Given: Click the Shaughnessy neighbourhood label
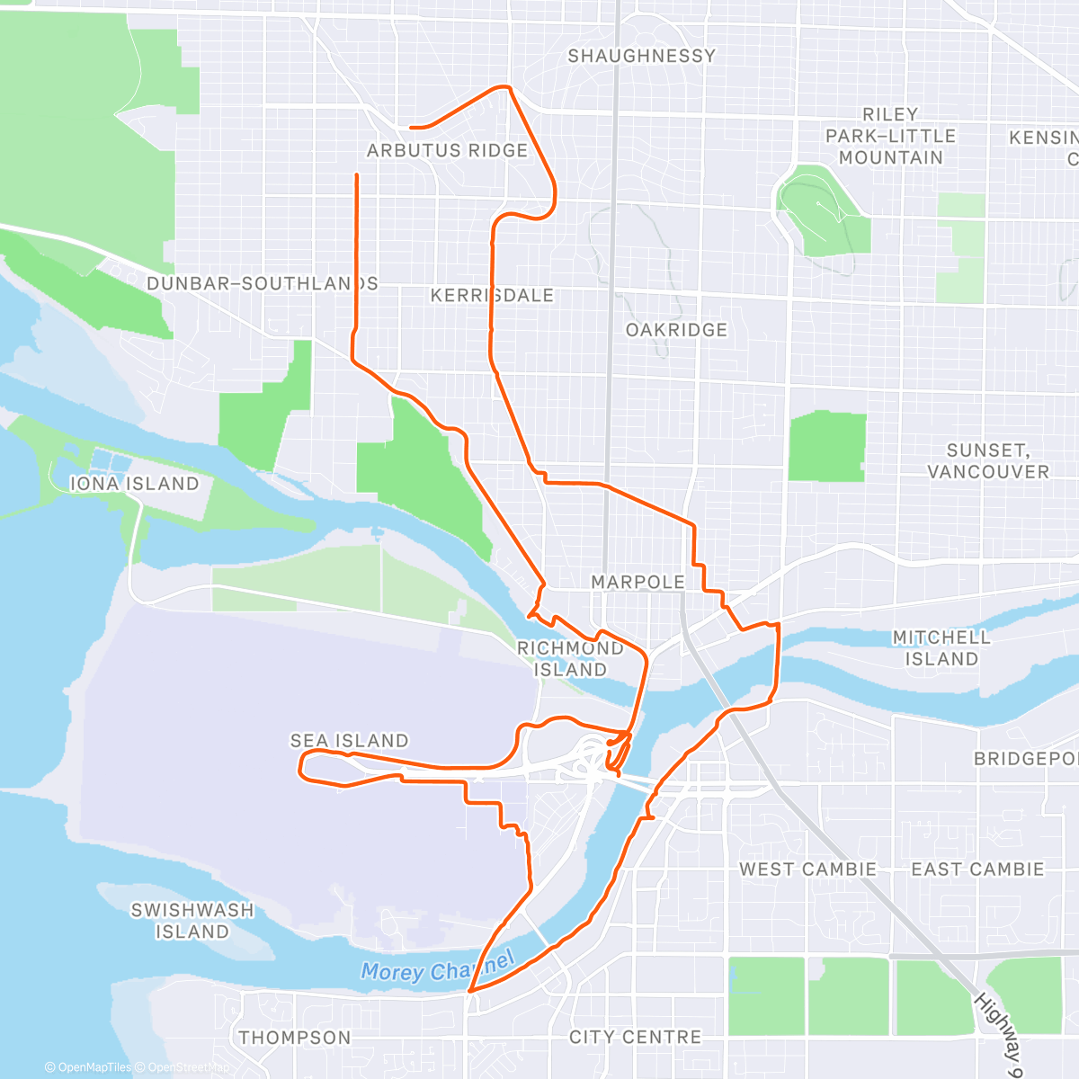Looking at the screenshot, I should click(641, 56).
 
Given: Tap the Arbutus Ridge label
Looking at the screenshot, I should click(447, 151).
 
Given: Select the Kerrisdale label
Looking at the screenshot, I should click(492, 296).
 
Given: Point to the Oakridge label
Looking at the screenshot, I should click(676, 330).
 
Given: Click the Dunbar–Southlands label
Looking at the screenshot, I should click(262, 284).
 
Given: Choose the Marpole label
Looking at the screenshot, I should click(638, 583).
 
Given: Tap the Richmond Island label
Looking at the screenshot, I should click(570, 659).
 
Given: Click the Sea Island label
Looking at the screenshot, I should click(349, 741).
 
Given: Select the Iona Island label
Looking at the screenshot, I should click(134, 484).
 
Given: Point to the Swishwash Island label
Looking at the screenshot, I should click(192, 921).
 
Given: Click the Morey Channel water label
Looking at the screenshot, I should click(438, 968).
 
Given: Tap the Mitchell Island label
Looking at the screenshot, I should click(941, 648).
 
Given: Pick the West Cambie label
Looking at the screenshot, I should click(807, 869).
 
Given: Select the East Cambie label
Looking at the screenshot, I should click(977, 869).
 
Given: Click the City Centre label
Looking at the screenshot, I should click(635, 1038).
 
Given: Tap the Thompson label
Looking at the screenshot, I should click(295, 1038).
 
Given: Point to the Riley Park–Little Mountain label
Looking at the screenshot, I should click(890, 136).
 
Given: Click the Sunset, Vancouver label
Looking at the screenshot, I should click(988, 461).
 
